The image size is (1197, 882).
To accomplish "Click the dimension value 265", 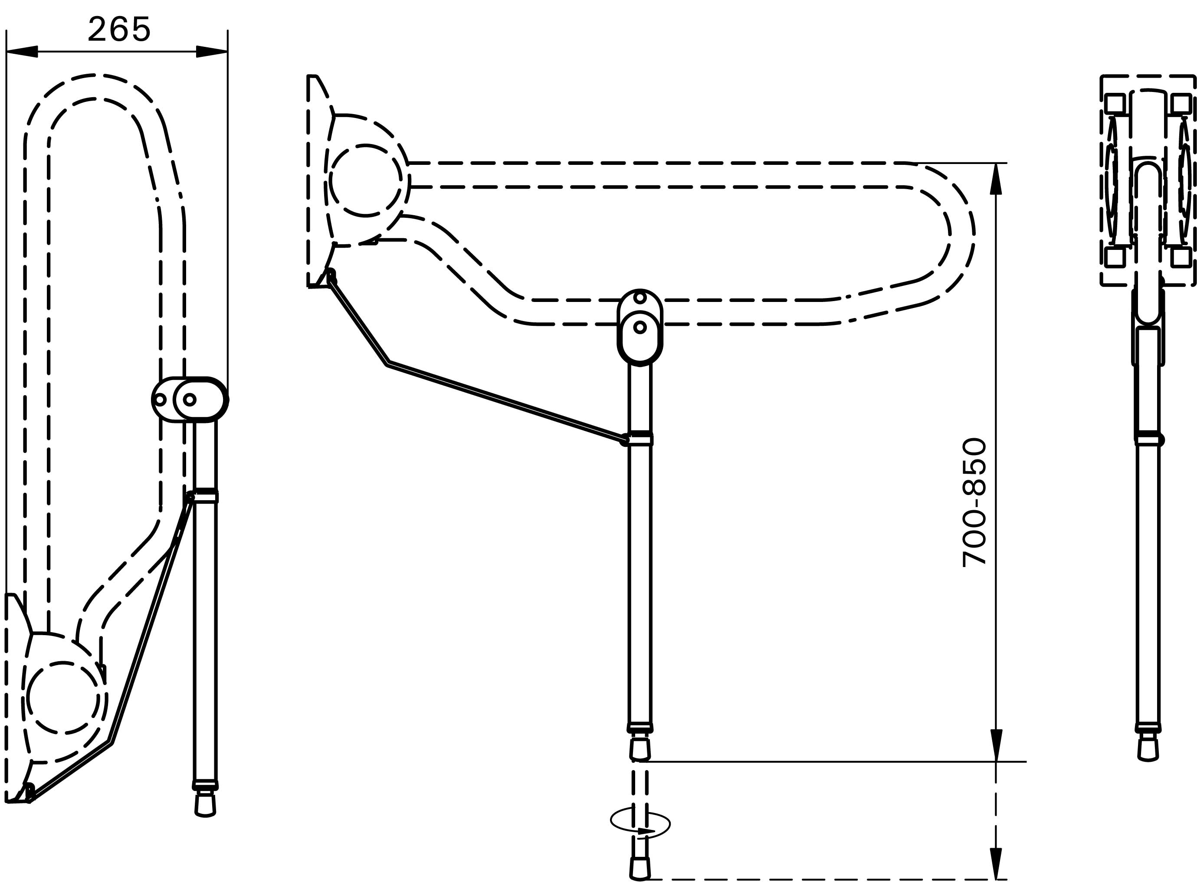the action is coord(119,29).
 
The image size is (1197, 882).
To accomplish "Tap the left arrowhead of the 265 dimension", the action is coord(22,51).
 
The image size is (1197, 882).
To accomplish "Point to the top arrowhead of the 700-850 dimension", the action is coord(996,178).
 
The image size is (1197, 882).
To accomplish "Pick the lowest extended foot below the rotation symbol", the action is coord(640,868).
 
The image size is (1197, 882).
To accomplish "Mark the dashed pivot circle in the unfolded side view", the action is coord(366,180).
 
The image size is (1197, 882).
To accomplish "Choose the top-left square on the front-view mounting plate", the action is coord(1115,104).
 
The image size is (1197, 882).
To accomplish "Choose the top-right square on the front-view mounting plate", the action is coord(1181,104).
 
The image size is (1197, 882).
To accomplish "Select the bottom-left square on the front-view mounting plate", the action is coord(1115,257).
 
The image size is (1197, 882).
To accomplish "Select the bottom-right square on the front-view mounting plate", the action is coord(1181,257).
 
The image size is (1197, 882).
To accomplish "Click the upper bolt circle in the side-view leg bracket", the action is coord(640,297).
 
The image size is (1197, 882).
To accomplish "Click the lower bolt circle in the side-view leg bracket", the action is coord(640,327).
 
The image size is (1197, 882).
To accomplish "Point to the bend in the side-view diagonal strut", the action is coord(387,363).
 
